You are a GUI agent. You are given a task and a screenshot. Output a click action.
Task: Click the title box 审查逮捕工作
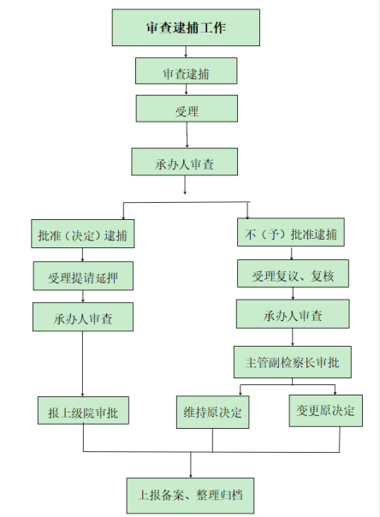pyautogui.click(x=186, y=27)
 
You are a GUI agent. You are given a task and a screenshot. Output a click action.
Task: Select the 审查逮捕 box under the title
pyautogui.click(x=187, y=71)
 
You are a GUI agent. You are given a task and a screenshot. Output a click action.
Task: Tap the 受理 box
pyautogui.click(x=187, y=109)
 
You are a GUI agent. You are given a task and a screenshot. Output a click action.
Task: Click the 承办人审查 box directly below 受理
pyautogui.click(x=185, y=162)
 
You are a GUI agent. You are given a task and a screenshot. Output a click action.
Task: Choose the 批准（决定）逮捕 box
pyautogui.click(x=83, y=234)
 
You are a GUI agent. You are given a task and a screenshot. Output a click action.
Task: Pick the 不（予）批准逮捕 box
pyautogui.click(x=291, y=232)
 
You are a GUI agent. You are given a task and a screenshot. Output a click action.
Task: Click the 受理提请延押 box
pyautogui.click(x=83, y=276)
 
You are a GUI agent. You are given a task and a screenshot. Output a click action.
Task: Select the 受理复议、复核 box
pyautogui.click(x=293, y=273)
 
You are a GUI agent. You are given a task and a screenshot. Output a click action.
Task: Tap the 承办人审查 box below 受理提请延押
pyautogui.click(x=83, y=317)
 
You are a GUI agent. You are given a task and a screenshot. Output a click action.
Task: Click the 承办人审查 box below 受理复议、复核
pyautogui.click(x=293, y=314)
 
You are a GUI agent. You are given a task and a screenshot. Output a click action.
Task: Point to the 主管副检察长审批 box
pyautogui.click(x=293, y=362)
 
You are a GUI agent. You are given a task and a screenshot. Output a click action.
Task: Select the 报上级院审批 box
pyautogui.click(x=83, y=410)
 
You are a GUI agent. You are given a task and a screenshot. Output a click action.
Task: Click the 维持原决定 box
pyautogui.click(x=212, y=413)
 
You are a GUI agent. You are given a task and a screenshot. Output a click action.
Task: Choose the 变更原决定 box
pyautogui.click(x=326, y=411)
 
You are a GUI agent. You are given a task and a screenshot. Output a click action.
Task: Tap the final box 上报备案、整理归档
pyautogui.click(x=190, y=496)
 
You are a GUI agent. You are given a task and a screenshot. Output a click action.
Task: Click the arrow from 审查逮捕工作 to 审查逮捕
pyautogui.click(x=186, y=51)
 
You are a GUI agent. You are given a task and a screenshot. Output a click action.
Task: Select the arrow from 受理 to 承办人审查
pyautogui.click(x=187, y=135)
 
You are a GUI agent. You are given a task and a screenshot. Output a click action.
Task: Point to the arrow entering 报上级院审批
pyautogui.click(x=82, y=364)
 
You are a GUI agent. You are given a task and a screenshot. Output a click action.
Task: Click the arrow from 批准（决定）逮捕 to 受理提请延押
pyautogui.click(x=82, y=255)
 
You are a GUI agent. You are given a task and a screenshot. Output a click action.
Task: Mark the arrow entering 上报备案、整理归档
pyautogui.click(x=191, y=465)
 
